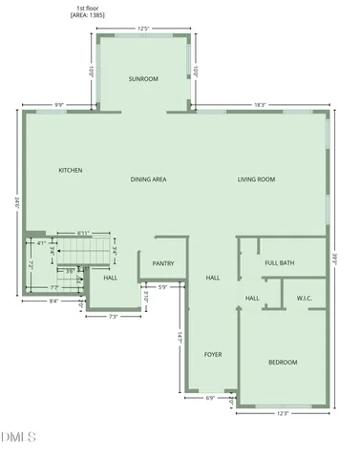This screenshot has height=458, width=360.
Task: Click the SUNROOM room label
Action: (143, 78)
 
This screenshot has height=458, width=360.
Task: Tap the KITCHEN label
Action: (71, 170)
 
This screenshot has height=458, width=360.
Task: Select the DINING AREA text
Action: (149, 179)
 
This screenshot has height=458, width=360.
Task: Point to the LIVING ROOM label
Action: (256, 179)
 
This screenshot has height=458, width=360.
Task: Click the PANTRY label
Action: (162, 263)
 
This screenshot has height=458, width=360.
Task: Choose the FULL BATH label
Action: (280, 262)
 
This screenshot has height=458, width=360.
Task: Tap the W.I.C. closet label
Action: (306, 299)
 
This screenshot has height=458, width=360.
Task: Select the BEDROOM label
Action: (282, 362)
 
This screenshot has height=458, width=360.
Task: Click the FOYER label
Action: (213, 354)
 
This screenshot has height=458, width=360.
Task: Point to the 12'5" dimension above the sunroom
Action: (143, 29)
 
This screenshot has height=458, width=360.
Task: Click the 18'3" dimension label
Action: (260, 105)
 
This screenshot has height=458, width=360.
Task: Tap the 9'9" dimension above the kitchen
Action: (58, 105)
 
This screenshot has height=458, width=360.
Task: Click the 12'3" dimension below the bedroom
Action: (283, 413)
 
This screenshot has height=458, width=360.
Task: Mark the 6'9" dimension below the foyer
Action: (210, 398)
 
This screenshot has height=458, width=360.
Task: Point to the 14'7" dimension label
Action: (179, 338)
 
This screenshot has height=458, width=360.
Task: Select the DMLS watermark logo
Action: (19, 438)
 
